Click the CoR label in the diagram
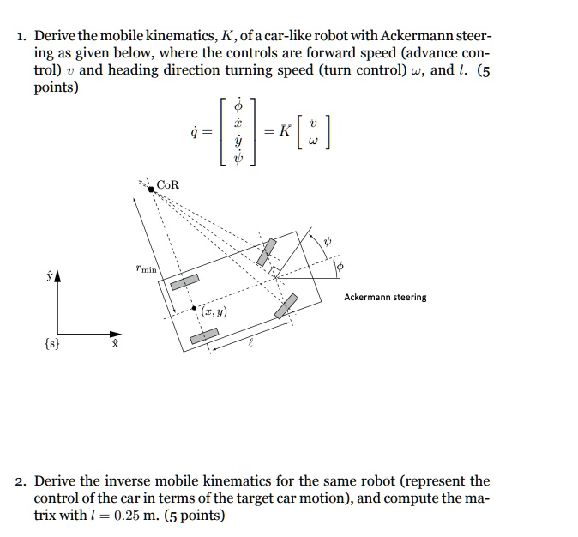169,185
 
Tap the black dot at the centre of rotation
151,190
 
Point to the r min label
147,269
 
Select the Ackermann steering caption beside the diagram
385,298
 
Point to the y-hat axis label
49,276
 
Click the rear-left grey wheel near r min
184,283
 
